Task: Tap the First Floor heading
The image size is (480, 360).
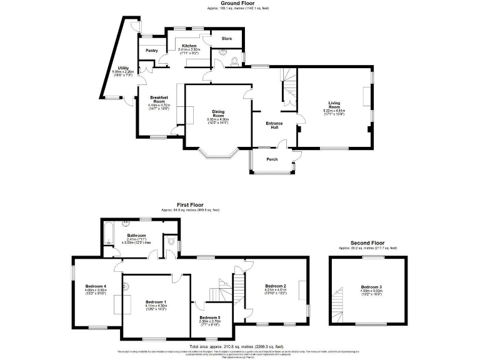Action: (191, 204)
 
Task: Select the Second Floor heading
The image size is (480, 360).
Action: (367, 242)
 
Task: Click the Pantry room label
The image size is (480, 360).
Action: (151, 51)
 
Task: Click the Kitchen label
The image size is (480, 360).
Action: (189, 46)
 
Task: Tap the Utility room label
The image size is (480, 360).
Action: (123, 68)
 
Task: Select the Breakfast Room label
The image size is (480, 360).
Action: (158, 99)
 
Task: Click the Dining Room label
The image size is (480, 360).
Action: (218, 114)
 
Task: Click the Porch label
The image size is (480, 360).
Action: (272, 159)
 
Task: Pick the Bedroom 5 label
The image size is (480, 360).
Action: (210, 317)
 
